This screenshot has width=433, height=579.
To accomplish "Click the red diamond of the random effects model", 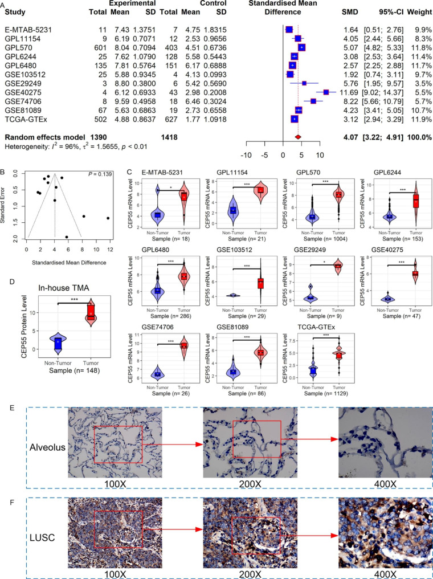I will tap(297, 137).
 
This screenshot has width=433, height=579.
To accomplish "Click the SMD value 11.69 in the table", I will tap(349, 92).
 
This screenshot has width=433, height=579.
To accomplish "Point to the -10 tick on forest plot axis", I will tap(247, 154).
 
